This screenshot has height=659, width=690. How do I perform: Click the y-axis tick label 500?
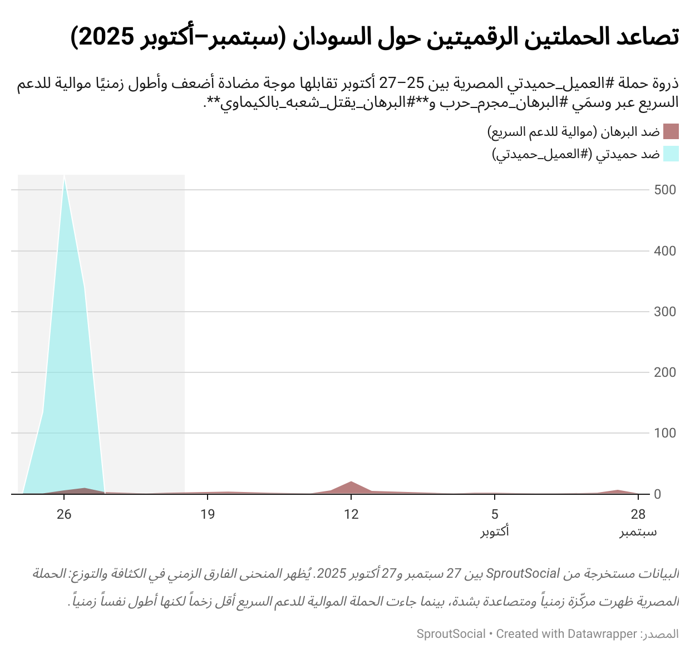[x=665, y=190]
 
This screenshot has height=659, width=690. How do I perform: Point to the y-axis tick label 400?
[x=665, y=251]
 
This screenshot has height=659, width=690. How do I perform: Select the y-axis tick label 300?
[x=665, y=312]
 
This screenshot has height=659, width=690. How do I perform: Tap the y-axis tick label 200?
[x=665, y=372]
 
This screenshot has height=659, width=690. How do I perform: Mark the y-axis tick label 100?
[x=665, y=433]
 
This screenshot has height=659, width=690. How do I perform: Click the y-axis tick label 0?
[x=657, y=494]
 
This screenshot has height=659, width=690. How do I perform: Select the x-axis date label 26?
[x=64, y=514]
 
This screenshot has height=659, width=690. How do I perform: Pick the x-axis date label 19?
[x=208, y=514]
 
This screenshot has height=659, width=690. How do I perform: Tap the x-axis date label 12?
[x=351, y=514]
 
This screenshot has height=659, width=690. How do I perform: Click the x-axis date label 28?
[x=638, y=514]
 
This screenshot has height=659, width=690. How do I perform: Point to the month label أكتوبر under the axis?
[x=495, y=532]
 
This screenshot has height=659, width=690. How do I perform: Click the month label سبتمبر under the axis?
[x=638, y=532]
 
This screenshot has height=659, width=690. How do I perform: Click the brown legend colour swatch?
[x=671, y=132]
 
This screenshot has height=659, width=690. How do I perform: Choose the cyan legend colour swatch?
[x=671, y=154]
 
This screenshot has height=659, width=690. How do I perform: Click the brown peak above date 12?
[x=351, y=482]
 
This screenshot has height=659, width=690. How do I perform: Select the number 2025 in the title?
[x=103, y=37]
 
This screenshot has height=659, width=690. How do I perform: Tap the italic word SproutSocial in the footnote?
[x=523, y=574]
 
